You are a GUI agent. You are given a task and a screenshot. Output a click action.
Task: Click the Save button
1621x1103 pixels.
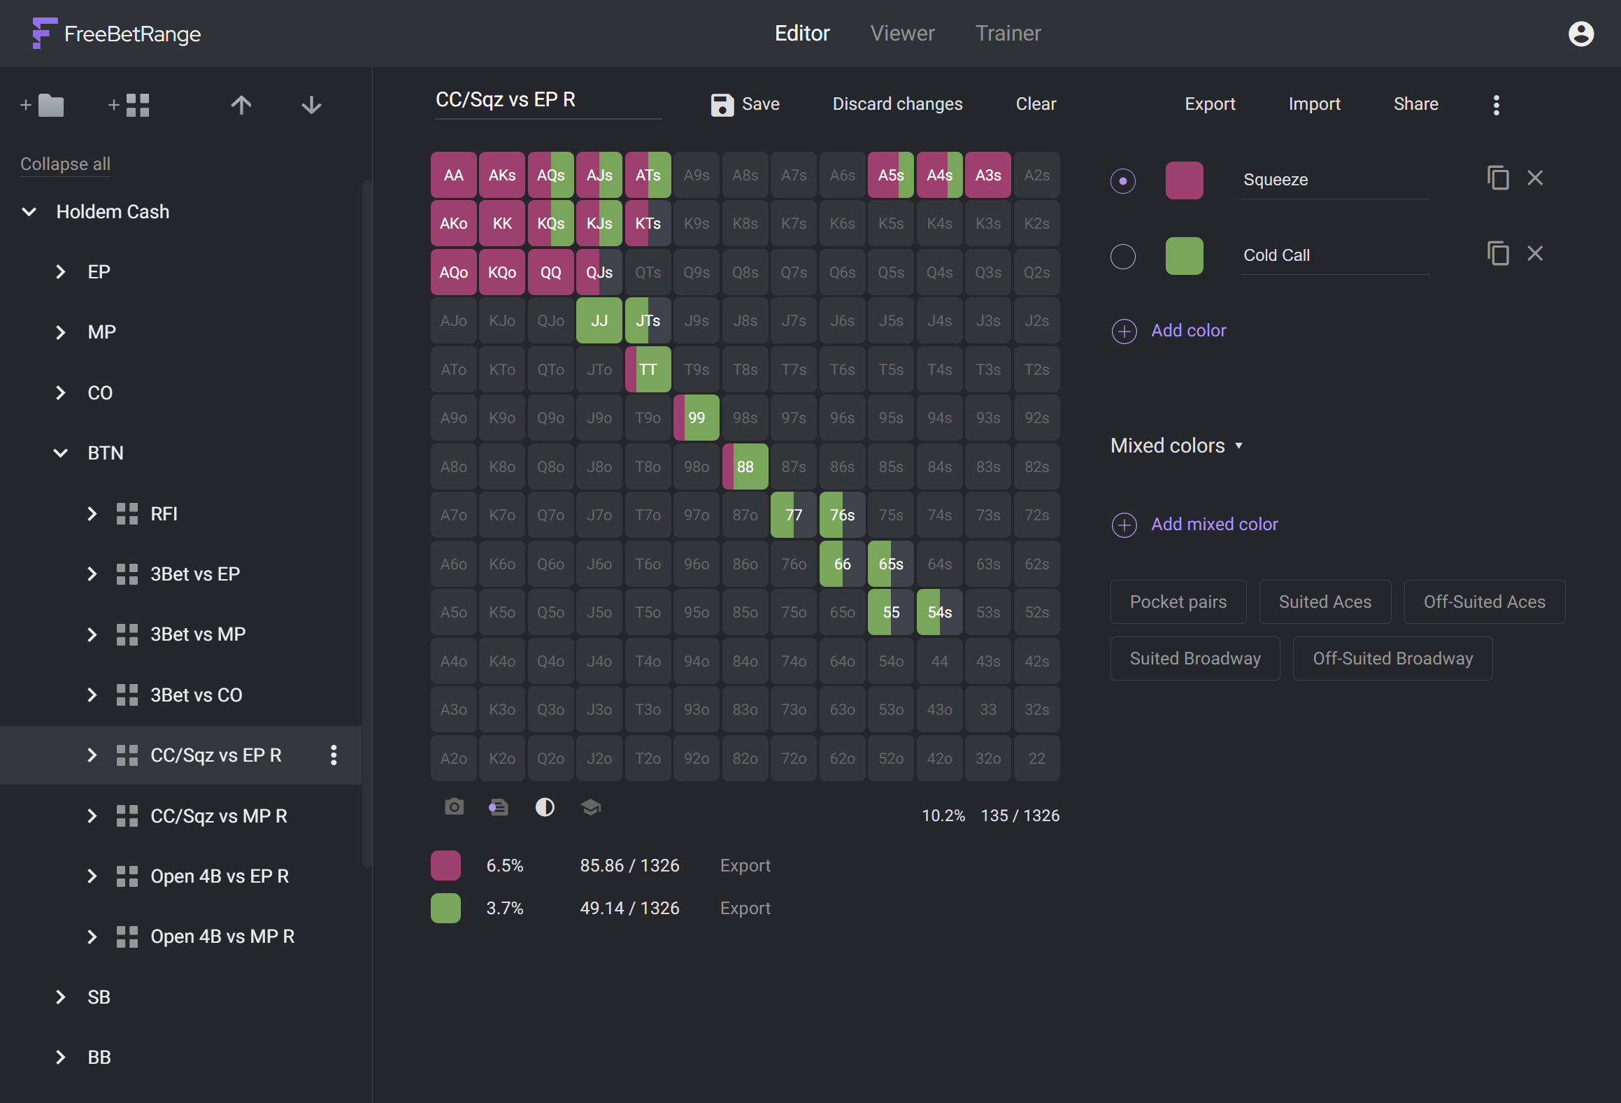coord(745,104)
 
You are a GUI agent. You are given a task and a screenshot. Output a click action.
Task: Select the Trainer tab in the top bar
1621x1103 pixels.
coord(1008,34)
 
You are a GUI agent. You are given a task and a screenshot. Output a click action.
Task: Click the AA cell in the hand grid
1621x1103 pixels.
coord(453,176)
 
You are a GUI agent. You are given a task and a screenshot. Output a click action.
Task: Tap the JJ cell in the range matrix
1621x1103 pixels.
coord(599,321)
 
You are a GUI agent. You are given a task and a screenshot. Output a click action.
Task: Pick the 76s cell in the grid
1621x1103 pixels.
coord(842,515)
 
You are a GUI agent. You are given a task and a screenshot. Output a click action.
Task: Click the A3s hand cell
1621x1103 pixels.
coord(987,176)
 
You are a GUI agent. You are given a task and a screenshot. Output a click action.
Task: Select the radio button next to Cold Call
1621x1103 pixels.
coord(1123,256)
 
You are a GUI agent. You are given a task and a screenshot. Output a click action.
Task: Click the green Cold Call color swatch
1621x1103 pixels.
coord(1184,256)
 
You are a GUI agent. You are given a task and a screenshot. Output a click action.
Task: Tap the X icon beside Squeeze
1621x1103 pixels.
coord(1535,178)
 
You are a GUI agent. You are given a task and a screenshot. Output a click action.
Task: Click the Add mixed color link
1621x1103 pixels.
coord(1214,525)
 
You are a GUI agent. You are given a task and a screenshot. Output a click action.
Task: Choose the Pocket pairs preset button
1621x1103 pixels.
coord(1178,602)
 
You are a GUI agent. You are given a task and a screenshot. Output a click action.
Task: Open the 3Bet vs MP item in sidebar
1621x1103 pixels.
coord(198,634)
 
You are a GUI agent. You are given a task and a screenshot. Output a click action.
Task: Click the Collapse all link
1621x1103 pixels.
coord(65,164)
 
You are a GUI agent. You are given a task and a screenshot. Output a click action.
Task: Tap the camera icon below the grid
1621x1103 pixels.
coord(454,808)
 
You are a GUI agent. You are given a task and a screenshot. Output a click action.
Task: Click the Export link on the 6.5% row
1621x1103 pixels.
coord(745,866)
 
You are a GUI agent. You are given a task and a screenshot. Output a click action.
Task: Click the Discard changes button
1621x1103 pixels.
coord(897,104)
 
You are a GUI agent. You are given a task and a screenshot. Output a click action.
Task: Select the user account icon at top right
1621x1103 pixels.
coord(1580,34)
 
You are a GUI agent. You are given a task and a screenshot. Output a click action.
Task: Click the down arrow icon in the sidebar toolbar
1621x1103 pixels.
coord(311,106)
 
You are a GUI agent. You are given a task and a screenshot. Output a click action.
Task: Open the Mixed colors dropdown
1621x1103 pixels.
coord(1176,446)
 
